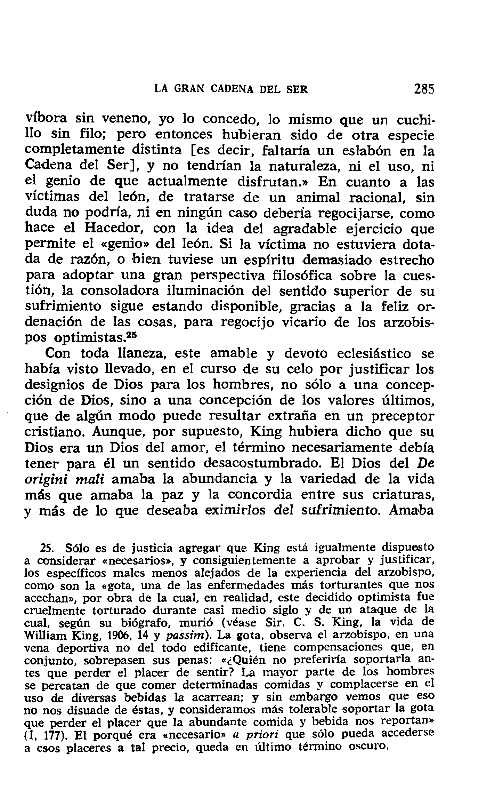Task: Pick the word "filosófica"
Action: pos(302,275)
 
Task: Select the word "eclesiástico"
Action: pos(374,353)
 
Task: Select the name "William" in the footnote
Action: pos(46,636)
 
